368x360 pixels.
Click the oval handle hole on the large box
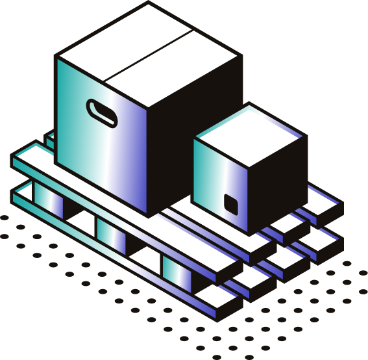102,112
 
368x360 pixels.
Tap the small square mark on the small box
231,203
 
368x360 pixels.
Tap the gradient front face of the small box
221,185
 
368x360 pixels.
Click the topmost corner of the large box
149,5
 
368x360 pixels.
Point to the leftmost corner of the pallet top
13,157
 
